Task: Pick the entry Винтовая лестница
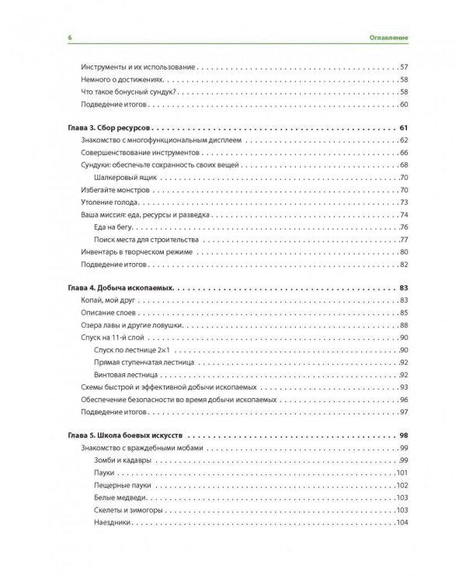[x=125, y=375]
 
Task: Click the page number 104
[x=402, y=522]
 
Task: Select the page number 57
[x=404, y=68]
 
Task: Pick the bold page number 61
[x=403, y=127]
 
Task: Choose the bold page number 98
[x=403, y=435]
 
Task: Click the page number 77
[x=404, y=240]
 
